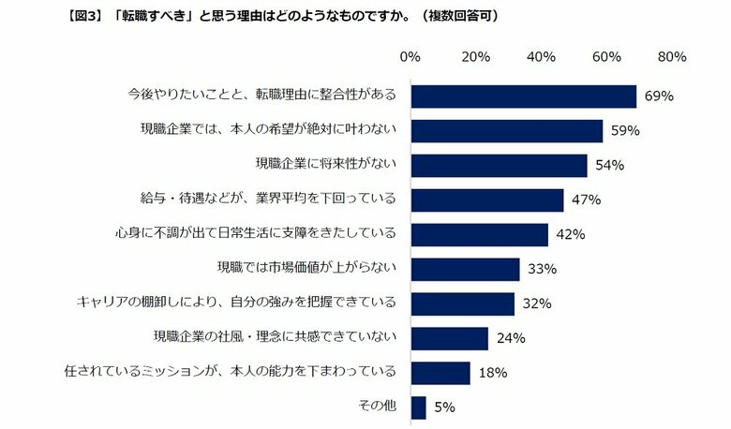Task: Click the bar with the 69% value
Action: [x=523, y=96]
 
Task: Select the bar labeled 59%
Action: [x=506, y=131]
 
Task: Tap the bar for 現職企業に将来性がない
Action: [x=499, y=166]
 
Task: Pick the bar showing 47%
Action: [x=486, y=200]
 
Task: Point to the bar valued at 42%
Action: [x=479, y=234]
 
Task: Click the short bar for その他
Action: [x=418, y=407]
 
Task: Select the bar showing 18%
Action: [x=440, y=373]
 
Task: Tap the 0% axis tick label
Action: [x=410, y=57]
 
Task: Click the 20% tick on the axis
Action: [x=476, y=57]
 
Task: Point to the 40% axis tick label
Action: [x=542, y=57]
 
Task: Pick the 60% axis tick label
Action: [x=607, y=57]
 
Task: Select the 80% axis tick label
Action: [x=673, y=57]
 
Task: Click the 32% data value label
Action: [x=535, y=303]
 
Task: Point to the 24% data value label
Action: [x=511, y=338]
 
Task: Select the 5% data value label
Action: [x=444, y=407]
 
